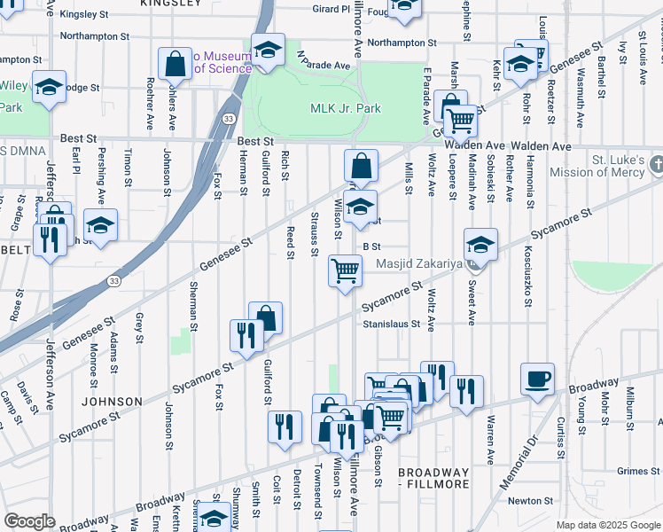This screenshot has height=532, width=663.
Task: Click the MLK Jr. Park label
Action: pyautogui.click(x=345, y=109)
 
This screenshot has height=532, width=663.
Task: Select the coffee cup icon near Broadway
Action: pyautogui.click(x=537, y=380)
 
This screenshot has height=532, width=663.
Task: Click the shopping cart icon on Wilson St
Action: pyautogui.click(x=345, y=270)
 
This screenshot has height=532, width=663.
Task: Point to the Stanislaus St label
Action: pyautogui.click(x=391, y=325)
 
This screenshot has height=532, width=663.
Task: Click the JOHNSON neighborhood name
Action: pyautogui.click(x=112, y=402)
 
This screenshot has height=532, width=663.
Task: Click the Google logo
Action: pyautogui.click(x=30, y=521)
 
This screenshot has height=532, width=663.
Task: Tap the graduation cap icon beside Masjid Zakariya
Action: pyautogui.click(x=480, y=245)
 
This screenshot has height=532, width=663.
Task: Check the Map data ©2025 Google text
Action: pyautogui.click(x=608, y=525)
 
